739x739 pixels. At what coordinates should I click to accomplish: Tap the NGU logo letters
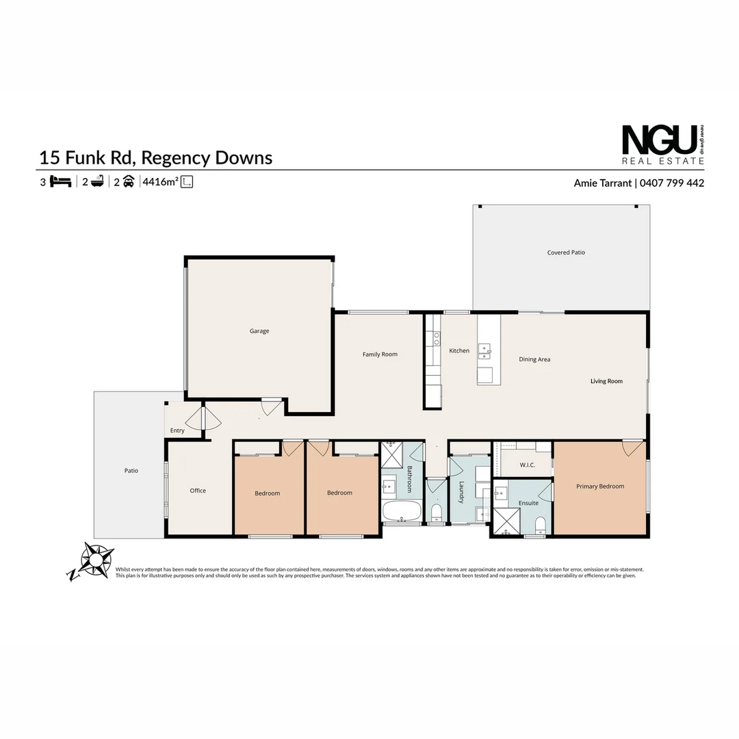[x=658, y=140]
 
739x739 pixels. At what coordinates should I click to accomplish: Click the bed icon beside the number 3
[x=61, y=182]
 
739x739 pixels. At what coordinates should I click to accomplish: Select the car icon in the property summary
[x=128, y=182]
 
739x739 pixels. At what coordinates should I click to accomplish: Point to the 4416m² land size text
[x=160, y=182]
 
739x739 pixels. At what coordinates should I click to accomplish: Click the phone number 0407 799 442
[x=673, y=183]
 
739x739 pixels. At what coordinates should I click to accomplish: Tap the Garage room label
[x=259, y=331]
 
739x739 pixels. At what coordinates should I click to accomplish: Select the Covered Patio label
[x=566, y=252]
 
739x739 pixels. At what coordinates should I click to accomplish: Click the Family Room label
[x=380, y=354]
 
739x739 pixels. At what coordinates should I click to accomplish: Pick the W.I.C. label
[x=527, y=465]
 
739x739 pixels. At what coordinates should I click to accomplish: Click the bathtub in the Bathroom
[x=401, y=510]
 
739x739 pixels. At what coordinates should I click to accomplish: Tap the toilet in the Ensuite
[x=540, y=524]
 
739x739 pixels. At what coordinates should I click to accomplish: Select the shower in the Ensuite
[x=507, y=521]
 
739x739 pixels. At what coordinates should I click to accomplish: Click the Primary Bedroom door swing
[x=632, y=448]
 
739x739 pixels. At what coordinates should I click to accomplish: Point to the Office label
[x=198, y=491]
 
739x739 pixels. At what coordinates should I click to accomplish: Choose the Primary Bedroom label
[x=600, y=487]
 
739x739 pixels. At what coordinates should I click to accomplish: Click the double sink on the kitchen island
[x=484, y=352]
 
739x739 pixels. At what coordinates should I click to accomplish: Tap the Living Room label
[x=606, y=381]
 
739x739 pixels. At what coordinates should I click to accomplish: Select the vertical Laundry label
[x=462, y=493]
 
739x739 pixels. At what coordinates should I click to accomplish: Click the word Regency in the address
[x=177, y=158]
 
